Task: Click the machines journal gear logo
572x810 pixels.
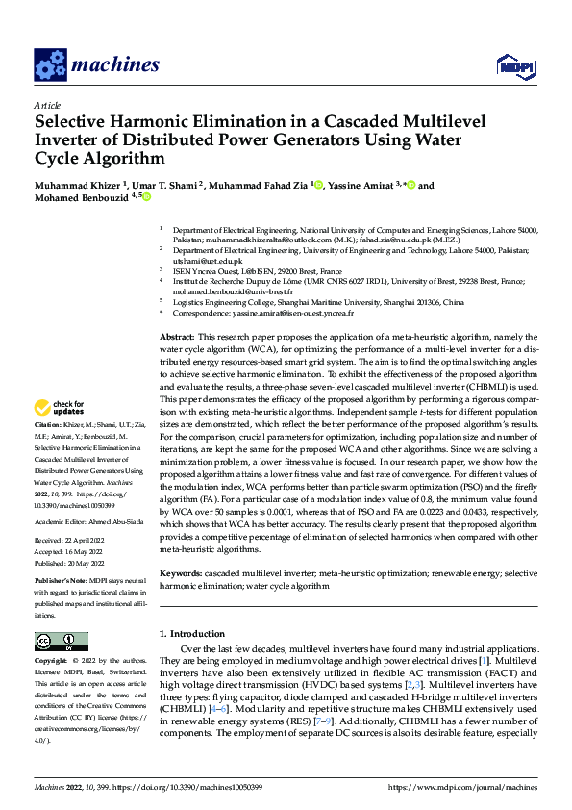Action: (49, 64)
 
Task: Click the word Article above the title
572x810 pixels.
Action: (46, 105)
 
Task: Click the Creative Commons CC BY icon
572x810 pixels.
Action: (62, 642)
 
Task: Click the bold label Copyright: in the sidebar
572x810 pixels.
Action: (53, 661)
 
